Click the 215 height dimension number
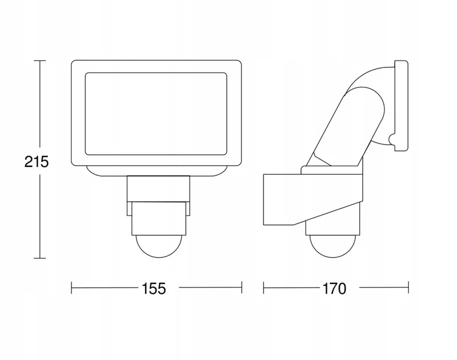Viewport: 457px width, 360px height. [x=37, y=162]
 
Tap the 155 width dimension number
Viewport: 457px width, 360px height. [x=154, y=289]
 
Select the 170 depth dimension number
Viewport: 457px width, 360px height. [x=334, y=289]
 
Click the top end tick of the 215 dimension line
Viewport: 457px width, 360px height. [x=40, y=61]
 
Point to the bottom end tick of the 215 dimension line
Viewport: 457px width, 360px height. [x=40, y=258]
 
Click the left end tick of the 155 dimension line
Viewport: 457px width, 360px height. [x=72, y=287]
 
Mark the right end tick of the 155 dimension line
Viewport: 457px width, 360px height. [x=242, y=287]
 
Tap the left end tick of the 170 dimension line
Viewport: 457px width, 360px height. [x=264, y=287]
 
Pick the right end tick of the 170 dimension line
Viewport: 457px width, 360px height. [x=408, y=287]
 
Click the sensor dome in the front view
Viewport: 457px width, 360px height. [x=159, y=247]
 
